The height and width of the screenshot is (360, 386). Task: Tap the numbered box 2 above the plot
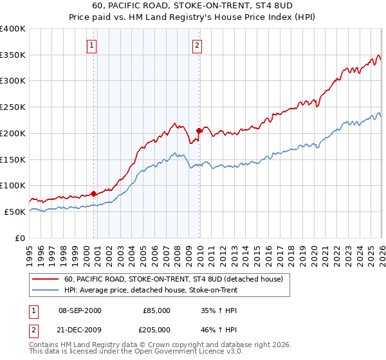[196, 46]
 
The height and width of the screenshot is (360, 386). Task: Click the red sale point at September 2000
[94, 193]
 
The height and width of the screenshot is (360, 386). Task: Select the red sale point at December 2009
[199, 130]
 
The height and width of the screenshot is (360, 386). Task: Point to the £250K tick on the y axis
[14, 107]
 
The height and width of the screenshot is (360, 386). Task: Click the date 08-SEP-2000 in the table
[80, 310]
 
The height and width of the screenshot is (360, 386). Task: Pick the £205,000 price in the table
[157, 330]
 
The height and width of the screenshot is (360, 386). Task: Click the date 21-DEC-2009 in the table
[80, 330]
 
